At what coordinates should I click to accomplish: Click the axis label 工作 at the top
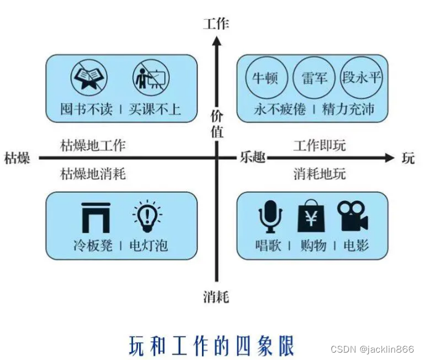click(x=216, y=24)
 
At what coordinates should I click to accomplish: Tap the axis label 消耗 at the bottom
click(x=216, y=297)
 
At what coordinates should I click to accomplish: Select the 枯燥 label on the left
click(x=17, y=158)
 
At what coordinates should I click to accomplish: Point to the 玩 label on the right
click(x=408, y=158)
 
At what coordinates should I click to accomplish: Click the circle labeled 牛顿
click(x=266, y=78)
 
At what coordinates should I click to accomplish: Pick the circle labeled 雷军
click(x=314, y=78)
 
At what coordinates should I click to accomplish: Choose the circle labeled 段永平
click(x=362, y=78)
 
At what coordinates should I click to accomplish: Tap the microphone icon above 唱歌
click(x=270, y=216)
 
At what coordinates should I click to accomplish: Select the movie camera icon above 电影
click(x=352, y=216)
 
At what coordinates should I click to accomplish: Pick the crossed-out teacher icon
click(x=149, y=79)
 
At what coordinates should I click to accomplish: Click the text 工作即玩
click(x=320, y=146)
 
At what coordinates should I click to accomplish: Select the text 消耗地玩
click(x=320, y=174)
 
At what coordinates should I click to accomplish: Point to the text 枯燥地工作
click(x=93, y=146)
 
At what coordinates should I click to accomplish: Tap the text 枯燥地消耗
click(x=93, y=174)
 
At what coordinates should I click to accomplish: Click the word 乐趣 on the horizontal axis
click(x=252, y=158)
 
